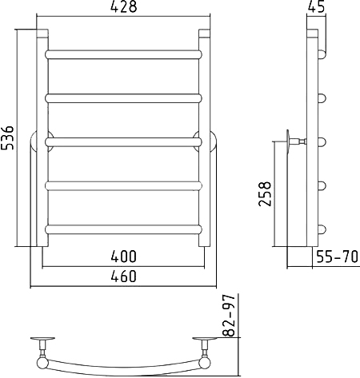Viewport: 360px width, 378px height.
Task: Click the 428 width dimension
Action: [x=123, y=6]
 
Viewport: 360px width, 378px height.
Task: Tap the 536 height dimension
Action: [x=7, y=137]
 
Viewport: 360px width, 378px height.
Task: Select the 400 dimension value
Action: [x=123, y=257]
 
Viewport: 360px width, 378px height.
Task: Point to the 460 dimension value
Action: [x=123, y=276]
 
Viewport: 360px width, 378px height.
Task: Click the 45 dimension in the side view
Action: [x=317, y=6]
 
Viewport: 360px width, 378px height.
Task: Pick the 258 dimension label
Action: [x=265, y=194]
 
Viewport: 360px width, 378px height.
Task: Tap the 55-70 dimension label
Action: [x=337, y=257]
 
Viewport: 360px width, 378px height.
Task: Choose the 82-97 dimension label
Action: [x=229, y=316]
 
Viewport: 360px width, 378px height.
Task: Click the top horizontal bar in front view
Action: [x=123, y=54]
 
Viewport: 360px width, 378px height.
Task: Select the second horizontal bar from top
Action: [x=123, y=98]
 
